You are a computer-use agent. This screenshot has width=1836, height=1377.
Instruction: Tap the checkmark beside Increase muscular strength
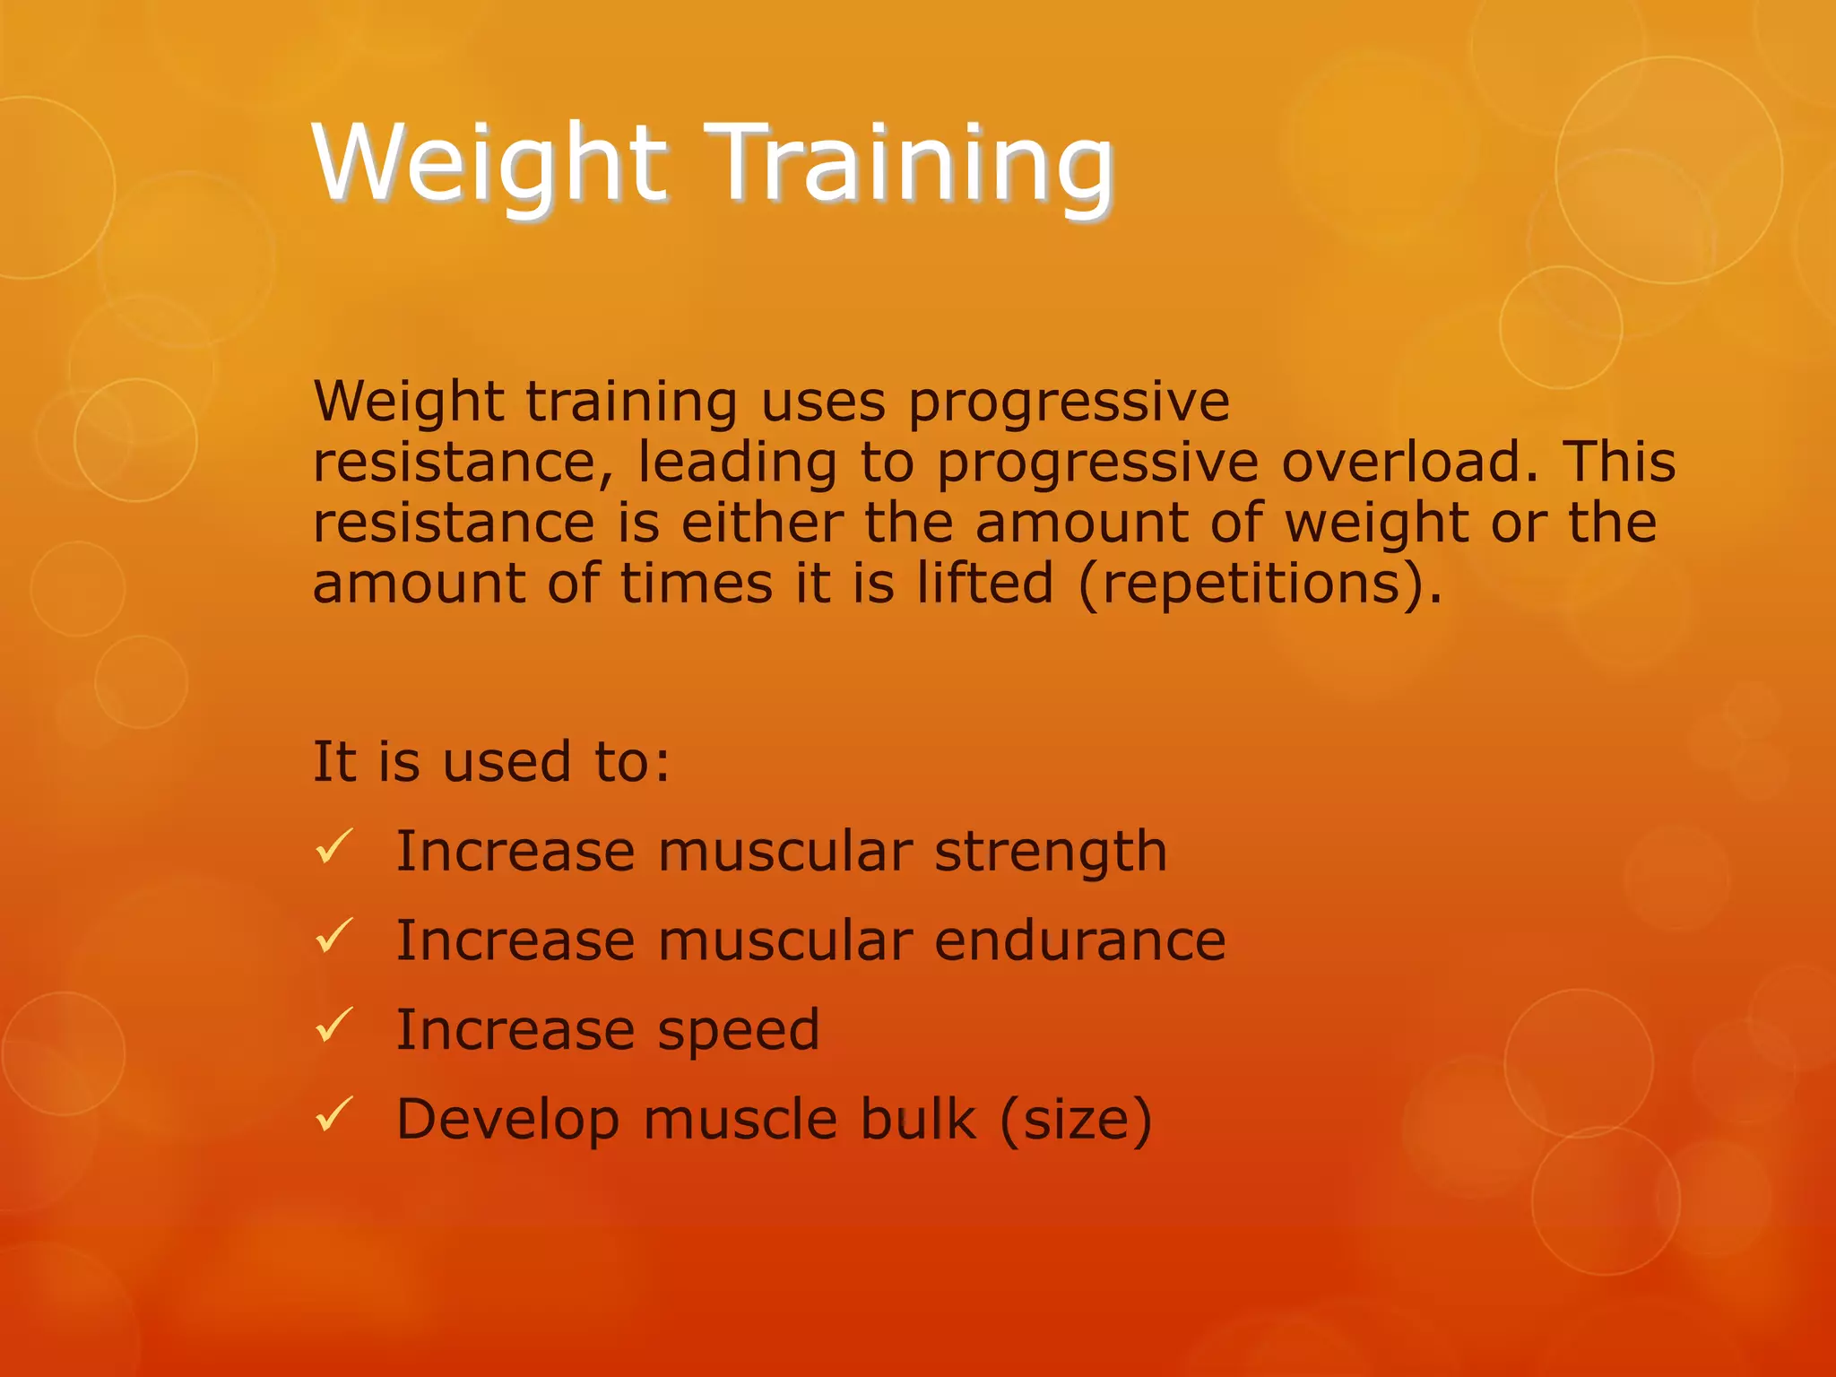coord(334,847)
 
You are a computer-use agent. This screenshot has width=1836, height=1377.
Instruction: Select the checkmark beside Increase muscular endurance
coord(334,937)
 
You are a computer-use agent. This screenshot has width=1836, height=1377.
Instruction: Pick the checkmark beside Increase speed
coord(334,1026)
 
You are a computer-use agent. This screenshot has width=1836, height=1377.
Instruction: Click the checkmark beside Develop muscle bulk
coord(334,1115)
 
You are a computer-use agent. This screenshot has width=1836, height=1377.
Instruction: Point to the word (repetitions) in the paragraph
coord(1260,584)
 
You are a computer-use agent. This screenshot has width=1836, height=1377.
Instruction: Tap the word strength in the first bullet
coord(1051,852)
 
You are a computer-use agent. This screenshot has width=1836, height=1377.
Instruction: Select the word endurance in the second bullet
coord(1079,941)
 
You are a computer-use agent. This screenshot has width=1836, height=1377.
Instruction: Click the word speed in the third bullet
coord(739,1031)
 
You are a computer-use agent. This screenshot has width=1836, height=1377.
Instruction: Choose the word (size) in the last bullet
coord(1075,1120)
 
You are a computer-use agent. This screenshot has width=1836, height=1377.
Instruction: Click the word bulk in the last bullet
coord(917,1120)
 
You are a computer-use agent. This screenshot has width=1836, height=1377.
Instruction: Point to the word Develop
coord(507,1120)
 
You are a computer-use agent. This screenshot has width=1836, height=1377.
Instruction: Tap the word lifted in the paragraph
coord(984,584)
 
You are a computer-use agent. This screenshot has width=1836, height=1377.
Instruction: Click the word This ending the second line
coord(1619,463)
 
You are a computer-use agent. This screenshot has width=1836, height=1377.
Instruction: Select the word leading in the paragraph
coord(737,463)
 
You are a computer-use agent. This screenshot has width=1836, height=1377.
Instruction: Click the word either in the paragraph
coord(762,523)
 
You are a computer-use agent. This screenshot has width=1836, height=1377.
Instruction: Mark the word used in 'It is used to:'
coord(507,762)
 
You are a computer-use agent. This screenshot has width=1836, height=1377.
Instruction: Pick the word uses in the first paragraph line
coord(823,402)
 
